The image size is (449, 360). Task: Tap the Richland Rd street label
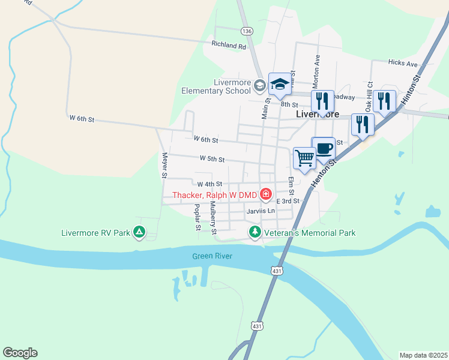click(x=229, y=45)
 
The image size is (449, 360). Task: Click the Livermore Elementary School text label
click(x=216, y=87)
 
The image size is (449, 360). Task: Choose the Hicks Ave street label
click(x=402, y=63)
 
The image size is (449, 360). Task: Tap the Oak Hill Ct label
click(x=370, y=95)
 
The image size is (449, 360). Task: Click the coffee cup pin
click(x=324, y=148)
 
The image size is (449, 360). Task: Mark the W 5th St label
click(x=212, y=160)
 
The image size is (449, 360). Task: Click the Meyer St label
click(x=163, y=165)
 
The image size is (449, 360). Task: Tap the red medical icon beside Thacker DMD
click(x=265, y=195)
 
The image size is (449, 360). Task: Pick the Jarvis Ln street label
click(x=260, y=211)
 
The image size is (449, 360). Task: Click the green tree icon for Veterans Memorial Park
click(x=255, y=232)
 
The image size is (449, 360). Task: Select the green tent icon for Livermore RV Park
click(x=139, y=231)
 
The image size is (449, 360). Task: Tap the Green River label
click(x=212, y=256)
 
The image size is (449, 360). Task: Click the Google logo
click(x=20, y=353)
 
